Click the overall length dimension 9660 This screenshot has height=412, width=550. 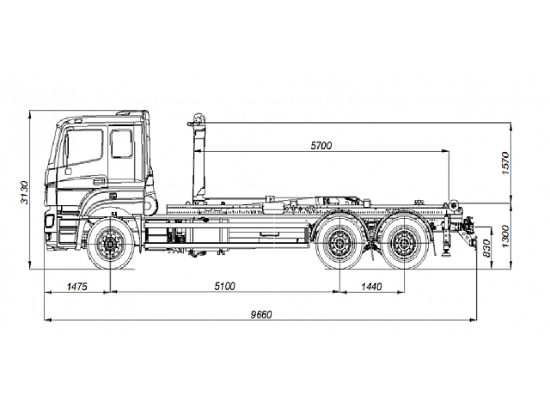(261, 314)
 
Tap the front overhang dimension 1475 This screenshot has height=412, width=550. (77, 287)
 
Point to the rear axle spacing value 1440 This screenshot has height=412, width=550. (371, 287)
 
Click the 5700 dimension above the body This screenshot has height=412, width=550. (321, 147)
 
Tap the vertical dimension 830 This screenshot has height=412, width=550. (487, 247)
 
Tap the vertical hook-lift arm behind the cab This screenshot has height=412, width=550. (199, 163)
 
